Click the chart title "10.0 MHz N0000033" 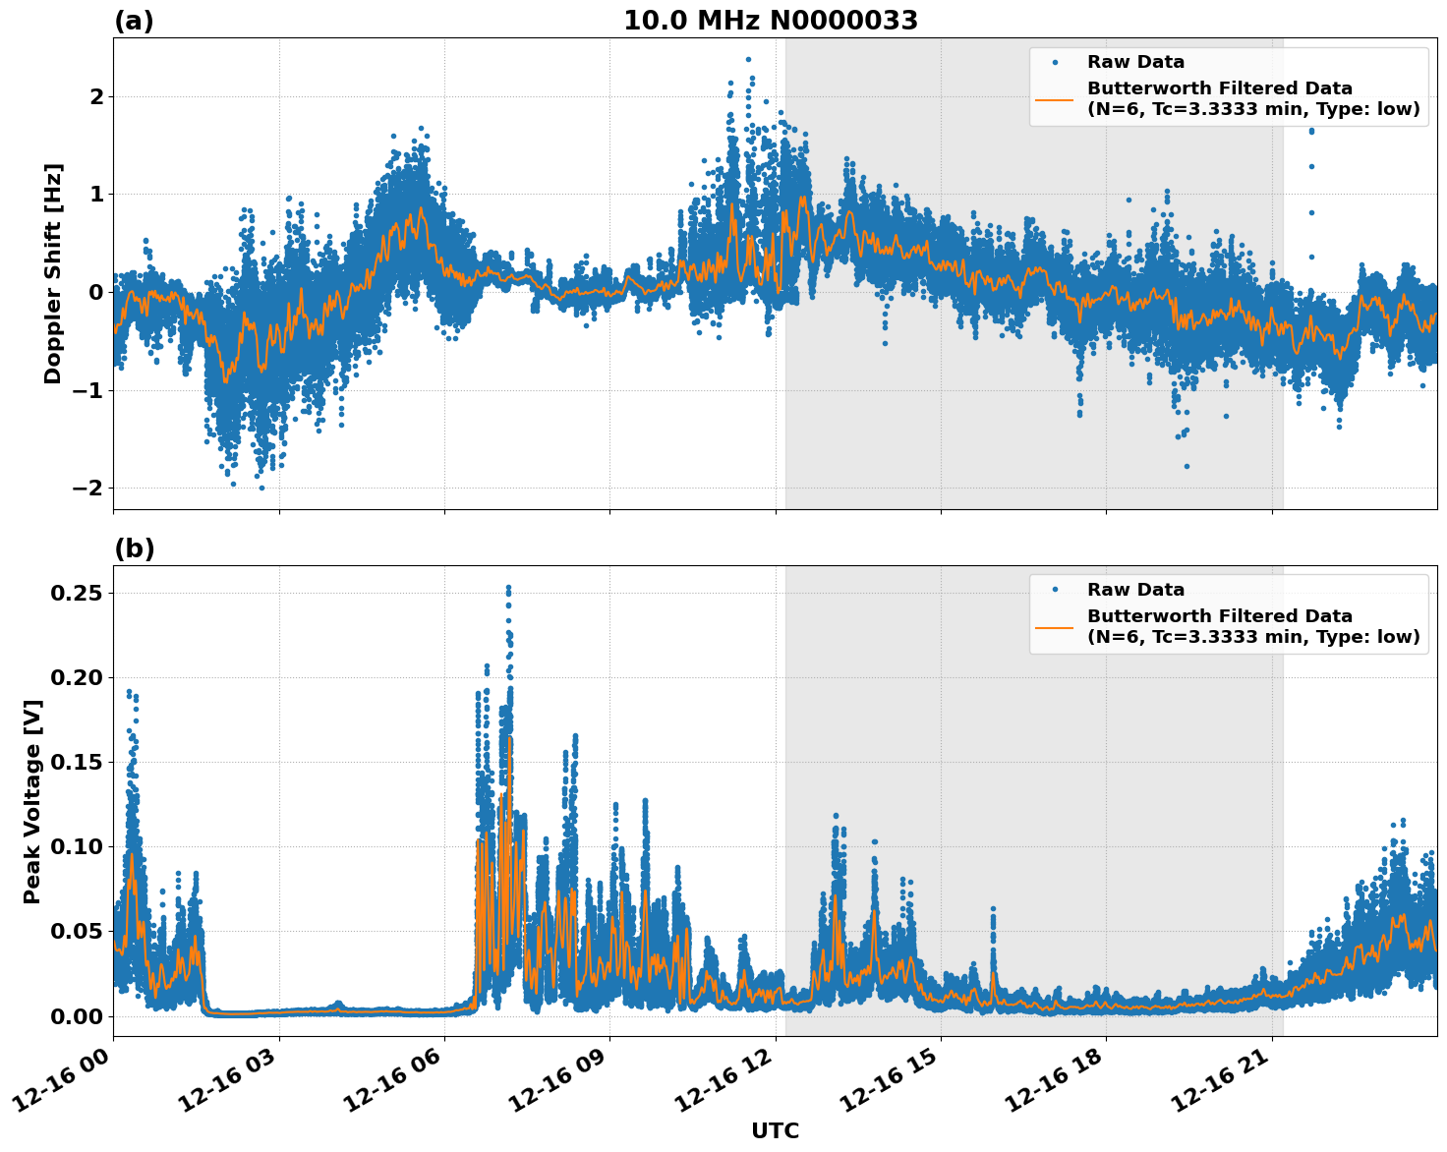[771, 21]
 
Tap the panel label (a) [134, 21]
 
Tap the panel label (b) [134, 548]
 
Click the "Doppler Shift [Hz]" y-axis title [53, 273]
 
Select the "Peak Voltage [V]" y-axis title [32, 801]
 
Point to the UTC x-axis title [775, 1130]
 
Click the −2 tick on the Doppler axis [87, 489]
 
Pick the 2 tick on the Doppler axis [96, 96]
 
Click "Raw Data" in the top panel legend [1135, 62]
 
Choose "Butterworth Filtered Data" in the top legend [1219, 88]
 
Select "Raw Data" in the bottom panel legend [1135, 590]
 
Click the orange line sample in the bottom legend [1054, 626]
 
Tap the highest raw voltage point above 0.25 [508, 588]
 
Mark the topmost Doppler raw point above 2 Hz [748, 59]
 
